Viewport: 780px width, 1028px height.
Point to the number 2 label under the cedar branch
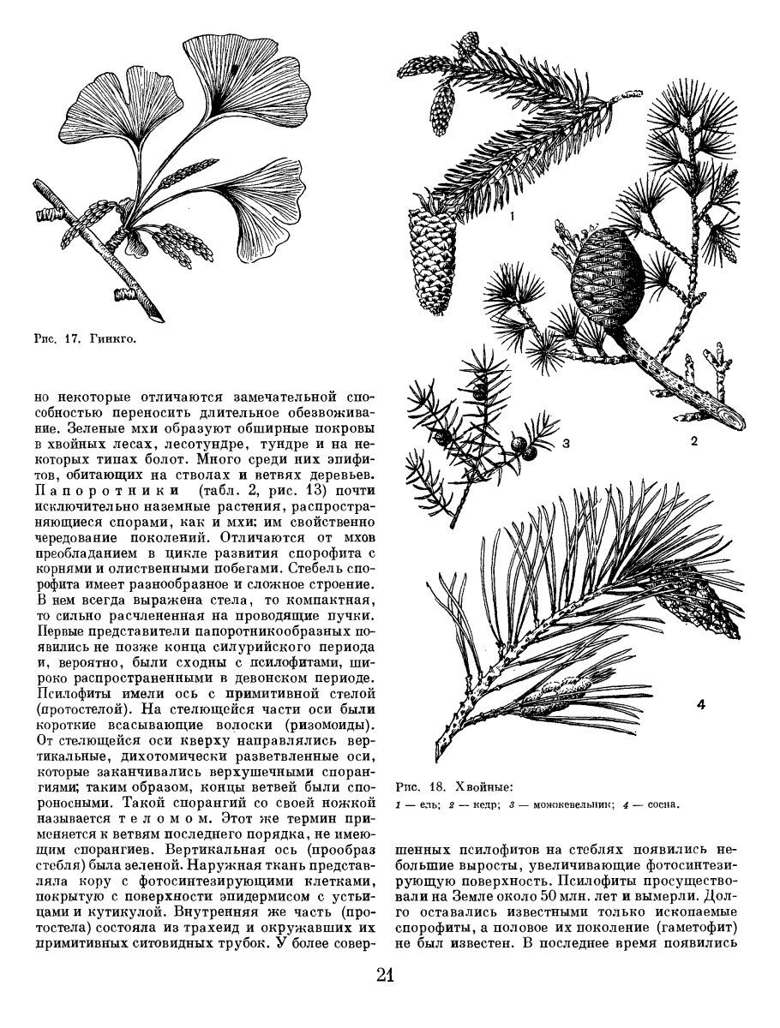[694, 441]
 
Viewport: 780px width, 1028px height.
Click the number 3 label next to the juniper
[566, 444]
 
